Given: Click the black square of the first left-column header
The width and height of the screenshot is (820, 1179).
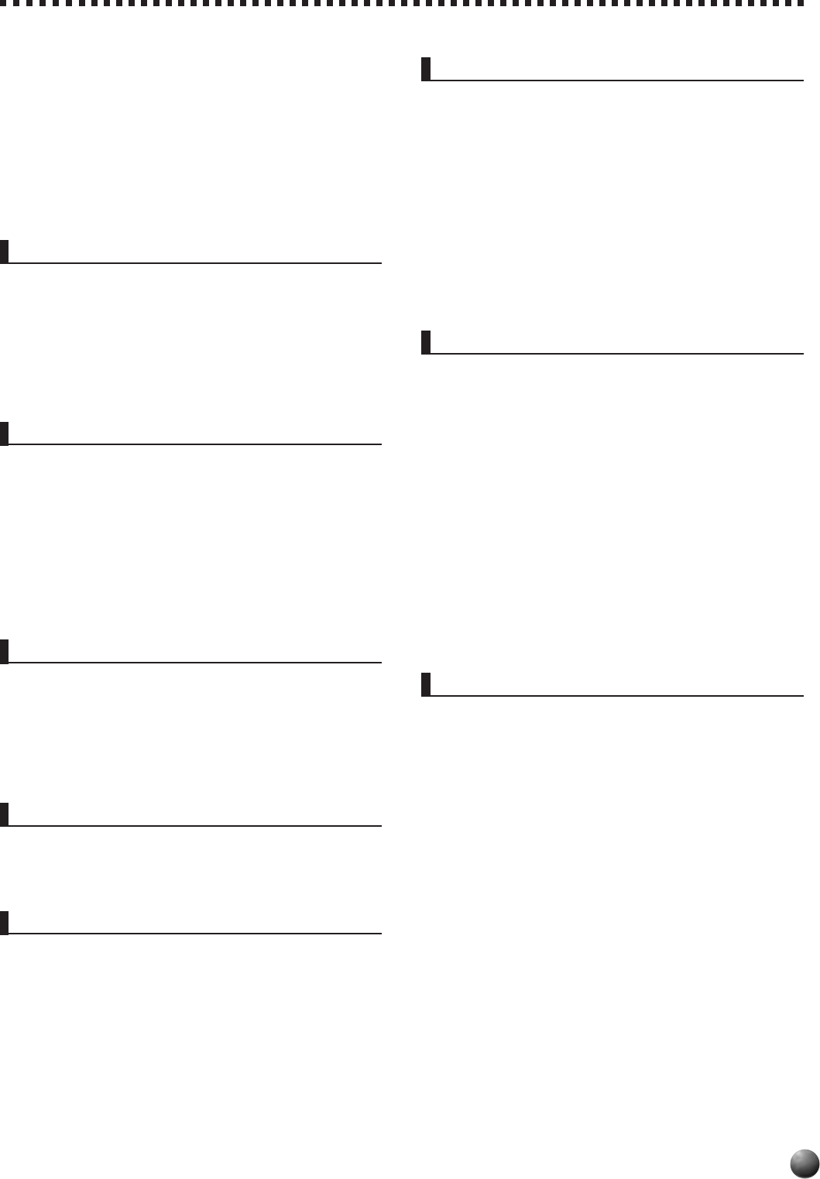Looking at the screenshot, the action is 4,252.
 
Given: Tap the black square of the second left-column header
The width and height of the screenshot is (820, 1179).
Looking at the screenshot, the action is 4,433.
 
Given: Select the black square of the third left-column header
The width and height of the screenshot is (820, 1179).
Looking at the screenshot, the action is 4,651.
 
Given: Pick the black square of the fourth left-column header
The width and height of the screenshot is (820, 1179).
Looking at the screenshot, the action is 4,814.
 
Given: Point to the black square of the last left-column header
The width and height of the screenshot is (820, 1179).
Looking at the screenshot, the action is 4,922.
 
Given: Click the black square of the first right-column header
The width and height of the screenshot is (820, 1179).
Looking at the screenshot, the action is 426,68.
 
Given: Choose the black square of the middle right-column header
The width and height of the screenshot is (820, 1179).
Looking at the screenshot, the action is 426,342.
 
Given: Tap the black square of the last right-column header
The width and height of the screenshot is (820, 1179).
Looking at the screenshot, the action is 426,684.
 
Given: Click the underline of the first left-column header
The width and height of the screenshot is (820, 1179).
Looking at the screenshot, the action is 194,263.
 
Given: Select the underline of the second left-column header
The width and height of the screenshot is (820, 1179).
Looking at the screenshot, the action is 194,444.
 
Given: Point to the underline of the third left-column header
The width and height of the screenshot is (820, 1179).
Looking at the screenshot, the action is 194,663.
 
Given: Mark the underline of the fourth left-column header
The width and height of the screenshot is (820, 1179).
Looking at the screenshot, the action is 194,826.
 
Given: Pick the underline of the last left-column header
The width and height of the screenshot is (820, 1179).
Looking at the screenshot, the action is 194,934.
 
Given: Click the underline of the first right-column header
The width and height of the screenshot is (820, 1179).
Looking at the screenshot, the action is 616,80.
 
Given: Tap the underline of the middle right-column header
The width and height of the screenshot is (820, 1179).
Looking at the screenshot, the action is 616,354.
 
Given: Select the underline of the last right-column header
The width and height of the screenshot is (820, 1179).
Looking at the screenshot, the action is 616,696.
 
